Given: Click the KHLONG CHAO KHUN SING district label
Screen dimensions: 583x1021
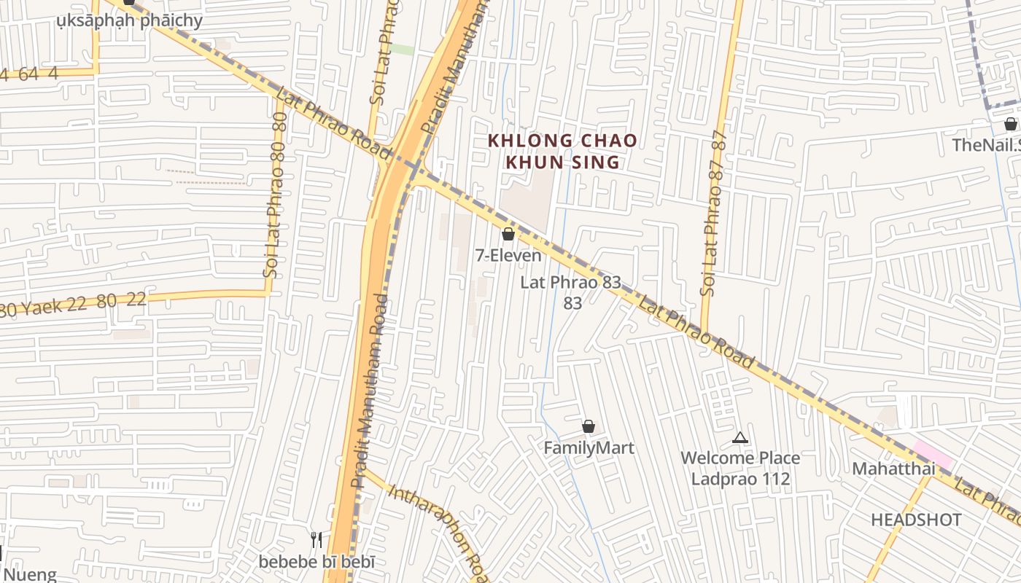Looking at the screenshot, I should pos(562,151).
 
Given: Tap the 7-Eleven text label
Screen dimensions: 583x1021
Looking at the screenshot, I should pos(508,255).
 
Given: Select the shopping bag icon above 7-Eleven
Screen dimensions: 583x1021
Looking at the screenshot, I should pos(508,234).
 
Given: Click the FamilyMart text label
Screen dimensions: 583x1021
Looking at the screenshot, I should pos(589,447).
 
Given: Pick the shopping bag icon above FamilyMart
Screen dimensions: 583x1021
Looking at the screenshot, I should pos(589,426).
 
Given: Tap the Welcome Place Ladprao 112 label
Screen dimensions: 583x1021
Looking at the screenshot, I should pos(740,468).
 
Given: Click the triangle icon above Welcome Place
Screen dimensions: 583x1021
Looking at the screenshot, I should pos(740,438).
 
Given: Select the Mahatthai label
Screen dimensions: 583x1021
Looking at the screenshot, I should pos(893,468).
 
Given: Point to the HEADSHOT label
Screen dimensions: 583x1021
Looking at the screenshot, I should pos(916,520).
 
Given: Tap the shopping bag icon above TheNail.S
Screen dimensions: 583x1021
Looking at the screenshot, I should pos(1010,124).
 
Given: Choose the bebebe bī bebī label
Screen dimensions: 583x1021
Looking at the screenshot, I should pos(317,562).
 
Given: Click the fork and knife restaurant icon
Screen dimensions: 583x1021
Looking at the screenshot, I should pos(317,540).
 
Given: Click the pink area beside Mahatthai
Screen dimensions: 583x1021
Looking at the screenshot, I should pos(932,455).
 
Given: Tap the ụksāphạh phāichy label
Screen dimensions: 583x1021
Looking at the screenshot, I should pos(130,20).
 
